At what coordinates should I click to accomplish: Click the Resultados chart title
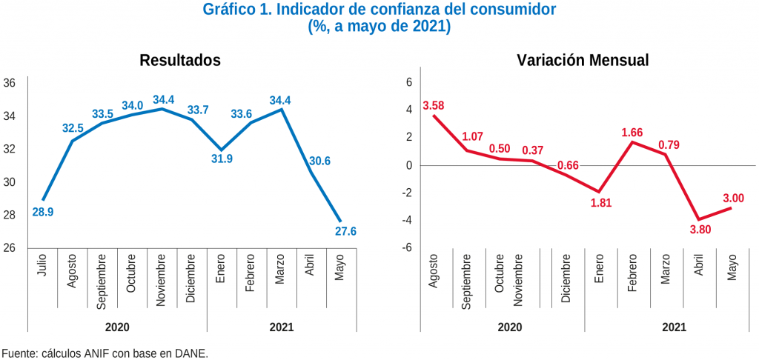point(180,61)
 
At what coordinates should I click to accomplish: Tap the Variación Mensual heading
point(583,61)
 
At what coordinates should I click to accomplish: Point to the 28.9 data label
point(43,212)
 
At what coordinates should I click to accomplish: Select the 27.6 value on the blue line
point(346,231)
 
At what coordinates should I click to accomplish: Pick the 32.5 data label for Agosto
point(73,127)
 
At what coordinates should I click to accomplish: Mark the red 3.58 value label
point(433,105)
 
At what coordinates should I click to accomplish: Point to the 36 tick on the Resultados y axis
point(10,83)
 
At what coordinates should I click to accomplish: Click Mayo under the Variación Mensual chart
point(732,267)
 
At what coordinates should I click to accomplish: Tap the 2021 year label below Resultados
point(282,326)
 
